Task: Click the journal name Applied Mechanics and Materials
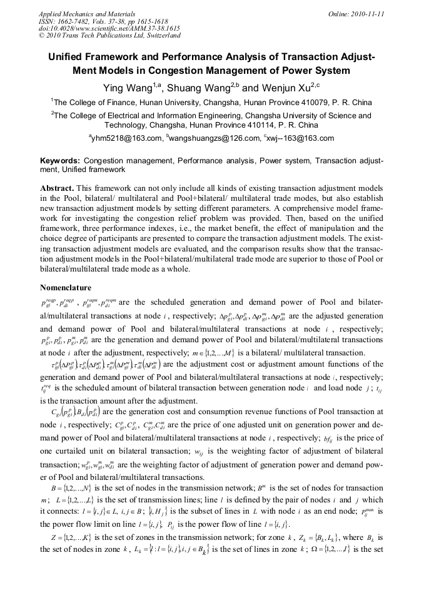(86, 14)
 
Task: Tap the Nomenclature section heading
(66, 288)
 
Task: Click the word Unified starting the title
(68, 57)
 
